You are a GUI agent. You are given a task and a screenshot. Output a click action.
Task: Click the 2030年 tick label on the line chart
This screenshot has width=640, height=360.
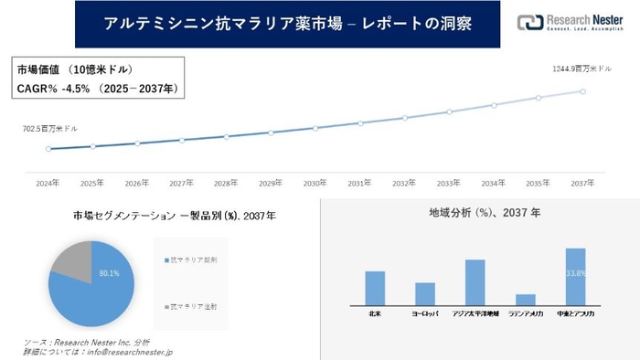tap(315, 182)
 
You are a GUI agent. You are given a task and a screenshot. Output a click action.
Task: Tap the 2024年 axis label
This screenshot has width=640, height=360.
tap(48, 182)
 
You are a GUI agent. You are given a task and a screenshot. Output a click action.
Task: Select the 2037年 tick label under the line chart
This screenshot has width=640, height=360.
tap(583, 182)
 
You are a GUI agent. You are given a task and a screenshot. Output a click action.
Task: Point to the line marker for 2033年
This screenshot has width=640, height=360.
tap(449, 112)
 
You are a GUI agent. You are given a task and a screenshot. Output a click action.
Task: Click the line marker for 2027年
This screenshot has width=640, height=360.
tap(182, 140)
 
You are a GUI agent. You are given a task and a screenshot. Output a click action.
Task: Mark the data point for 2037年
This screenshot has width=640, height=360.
tap(583, 90)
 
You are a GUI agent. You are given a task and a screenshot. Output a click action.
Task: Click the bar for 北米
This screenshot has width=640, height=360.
tap(375, 288)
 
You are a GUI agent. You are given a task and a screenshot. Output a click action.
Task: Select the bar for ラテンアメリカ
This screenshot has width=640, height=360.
tap(525, 300)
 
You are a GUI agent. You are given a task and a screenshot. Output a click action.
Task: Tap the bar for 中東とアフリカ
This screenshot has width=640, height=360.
tap(575, 276)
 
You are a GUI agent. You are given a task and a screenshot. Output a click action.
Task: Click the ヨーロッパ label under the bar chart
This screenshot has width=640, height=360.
tap(424, 312)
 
